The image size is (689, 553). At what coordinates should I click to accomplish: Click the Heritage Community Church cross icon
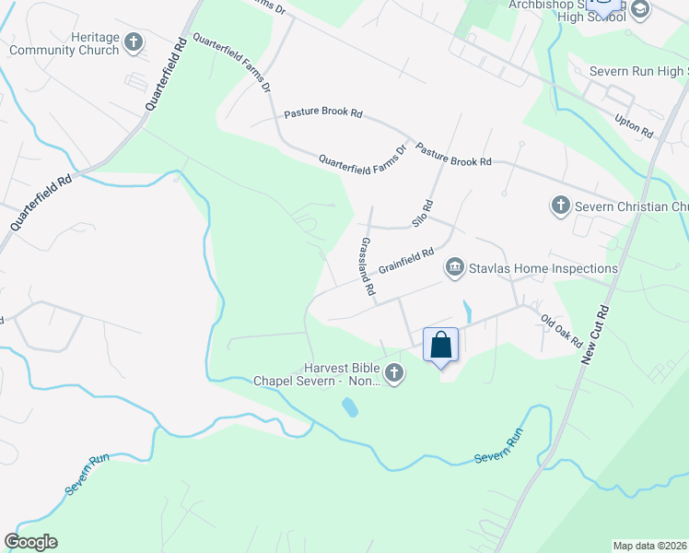click(x=134, y=41)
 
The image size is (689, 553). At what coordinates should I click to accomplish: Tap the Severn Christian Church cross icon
click(x=560, y=206)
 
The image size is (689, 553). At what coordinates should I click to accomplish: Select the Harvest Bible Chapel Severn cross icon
click(x=394, y=373)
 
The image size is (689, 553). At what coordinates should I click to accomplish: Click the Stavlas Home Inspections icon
click(x=454, y=268)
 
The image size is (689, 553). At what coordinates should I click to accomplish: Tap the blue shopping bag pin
click(x=441, y=346)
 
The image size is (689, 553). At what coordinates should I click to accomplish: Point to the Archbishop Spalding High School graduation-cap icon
click(x=640, y=9)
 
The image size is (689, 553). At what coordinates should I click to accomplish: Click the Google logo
click(x=30, y=542)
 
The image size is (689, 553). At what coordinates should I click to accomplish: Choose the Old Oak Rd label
click(x=561, y=330)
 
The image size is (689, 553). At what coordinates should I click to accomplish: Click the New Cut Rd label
click(x=596, y=334)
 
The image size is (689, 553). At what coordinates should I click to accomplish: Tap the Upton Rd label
click(x=634, y=126)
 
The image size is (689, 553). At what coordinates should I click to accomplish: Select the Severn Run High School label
click(x=630, y=71)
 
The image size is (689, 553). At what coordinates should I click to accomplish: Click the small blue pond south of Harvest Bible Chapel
click(x=350, y=406)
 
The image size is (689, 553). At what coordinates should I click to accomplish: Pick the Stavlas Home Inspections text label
click(x=543, y=268)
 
